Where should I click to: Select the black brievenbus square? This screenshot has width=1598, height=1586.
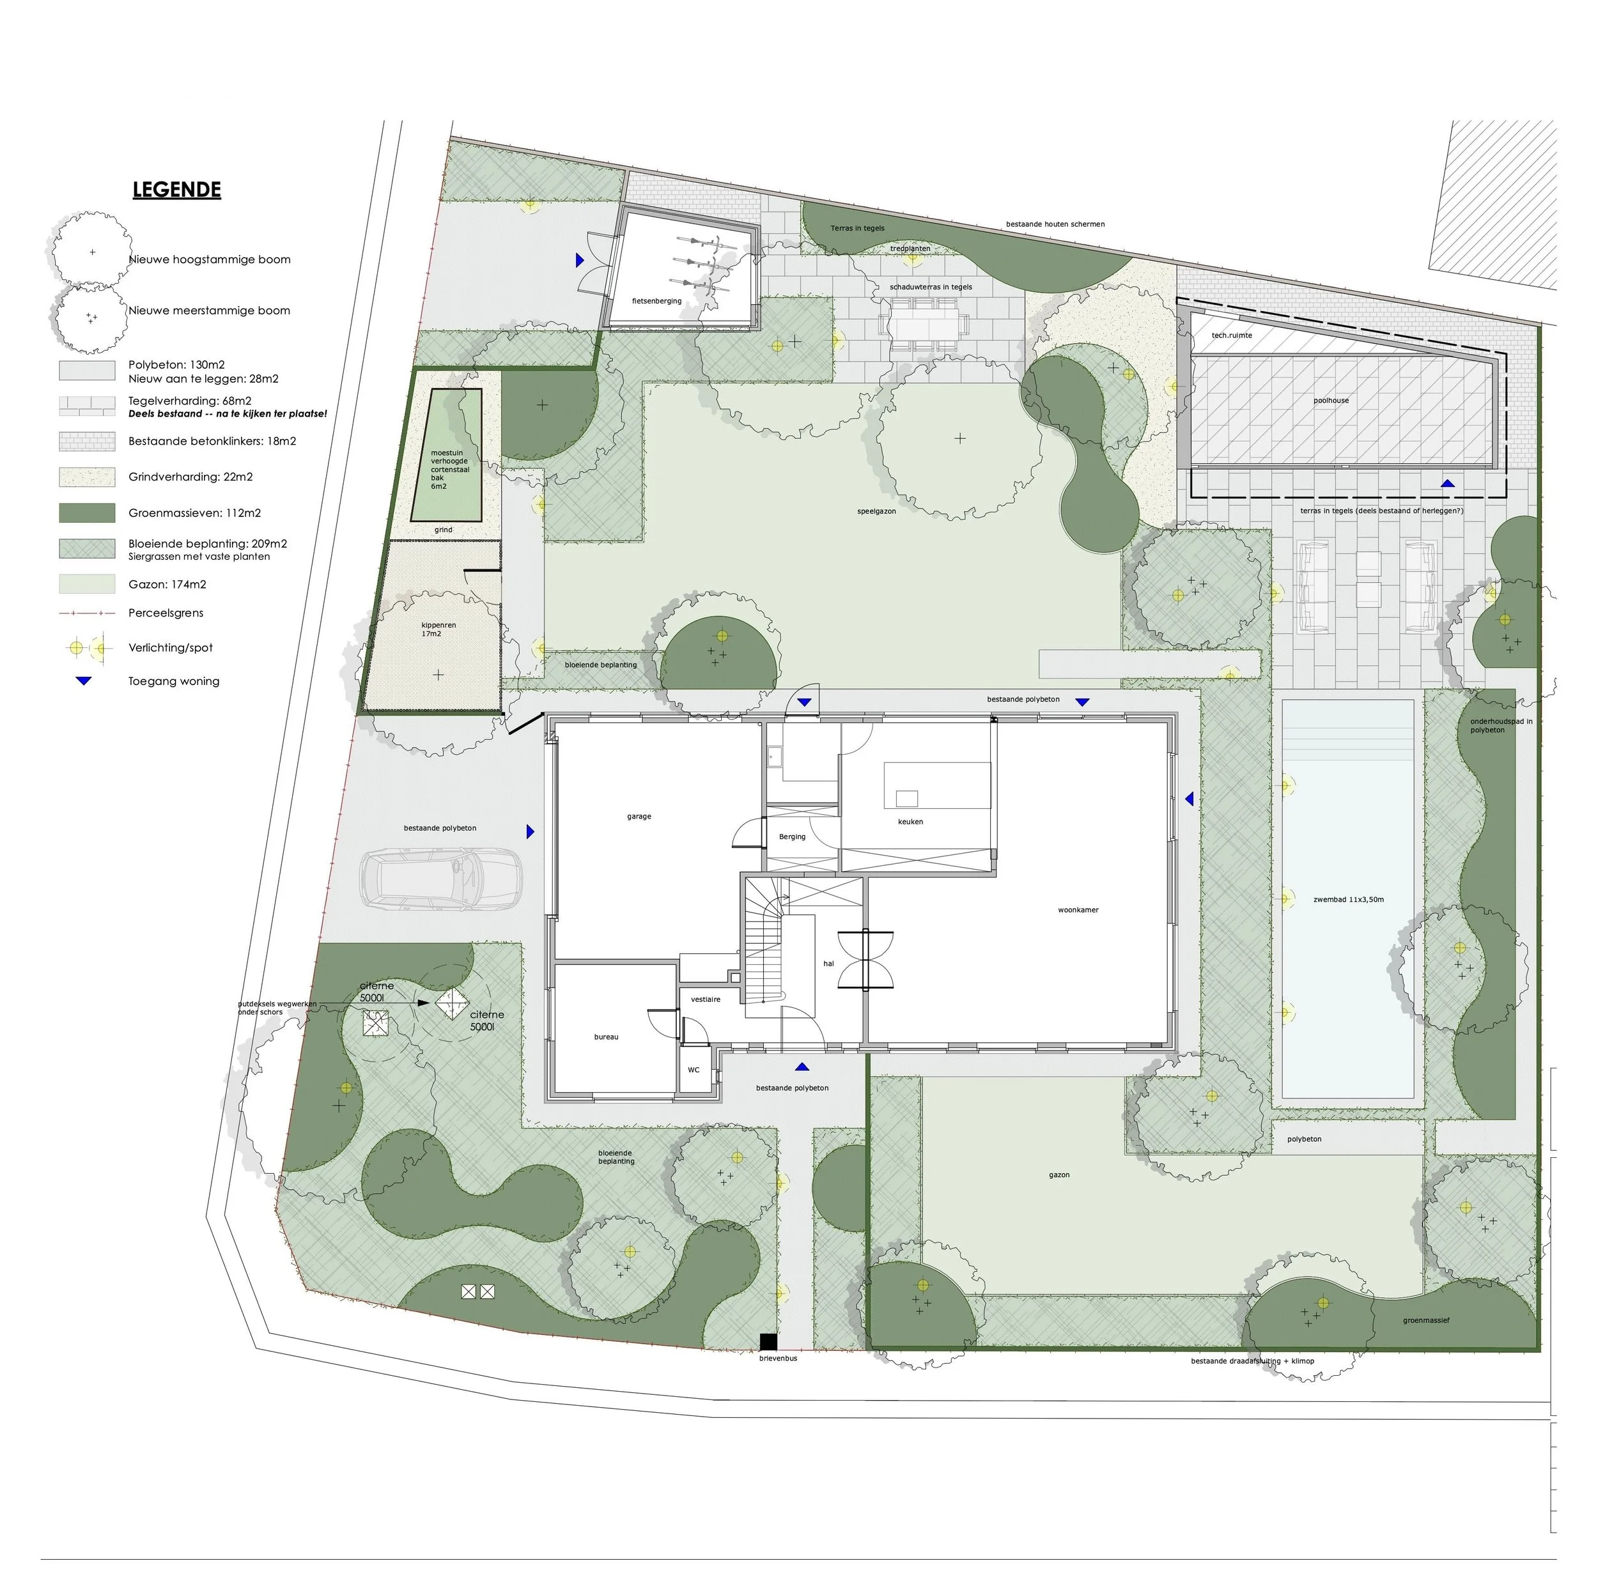click(x=768, y=1341)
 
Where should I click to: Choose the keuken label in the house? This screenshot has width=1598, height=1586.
click(x=910, y=822)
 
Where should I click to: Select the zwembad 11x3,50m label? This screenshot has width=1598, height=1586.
click(x=1348, y=900)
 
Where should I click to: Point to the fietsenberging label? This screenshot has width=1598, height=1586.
click(x=656, y=301)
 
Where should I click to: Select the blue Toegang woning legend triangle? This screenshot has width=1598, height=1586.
click(x=84, y=681)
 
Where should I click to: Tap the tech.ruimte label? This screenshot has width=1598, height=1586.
click(x=1232, y=335)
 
